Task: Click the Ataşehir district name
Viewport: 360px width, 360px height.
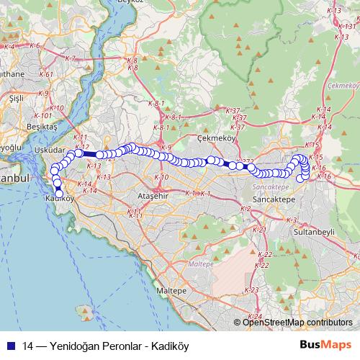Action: click(152, 195)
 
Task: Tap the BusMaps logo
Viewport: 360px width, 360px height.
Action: click(326, 345)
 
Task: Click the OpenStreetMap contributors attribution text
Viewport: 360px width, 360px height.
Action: click(297, 323)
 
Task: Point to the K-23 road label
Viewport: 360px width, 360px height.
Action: click(251, 289)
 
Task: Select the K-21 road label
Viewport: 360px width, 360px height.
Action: click(260, 230)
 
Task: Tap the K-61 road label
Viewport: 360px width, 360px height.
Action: click(47, 73)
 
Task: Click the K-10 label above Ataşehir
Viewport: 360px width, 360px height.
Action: click(161, 176)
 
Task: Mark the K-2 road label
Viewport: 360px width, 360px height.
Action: click(246, 208)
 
